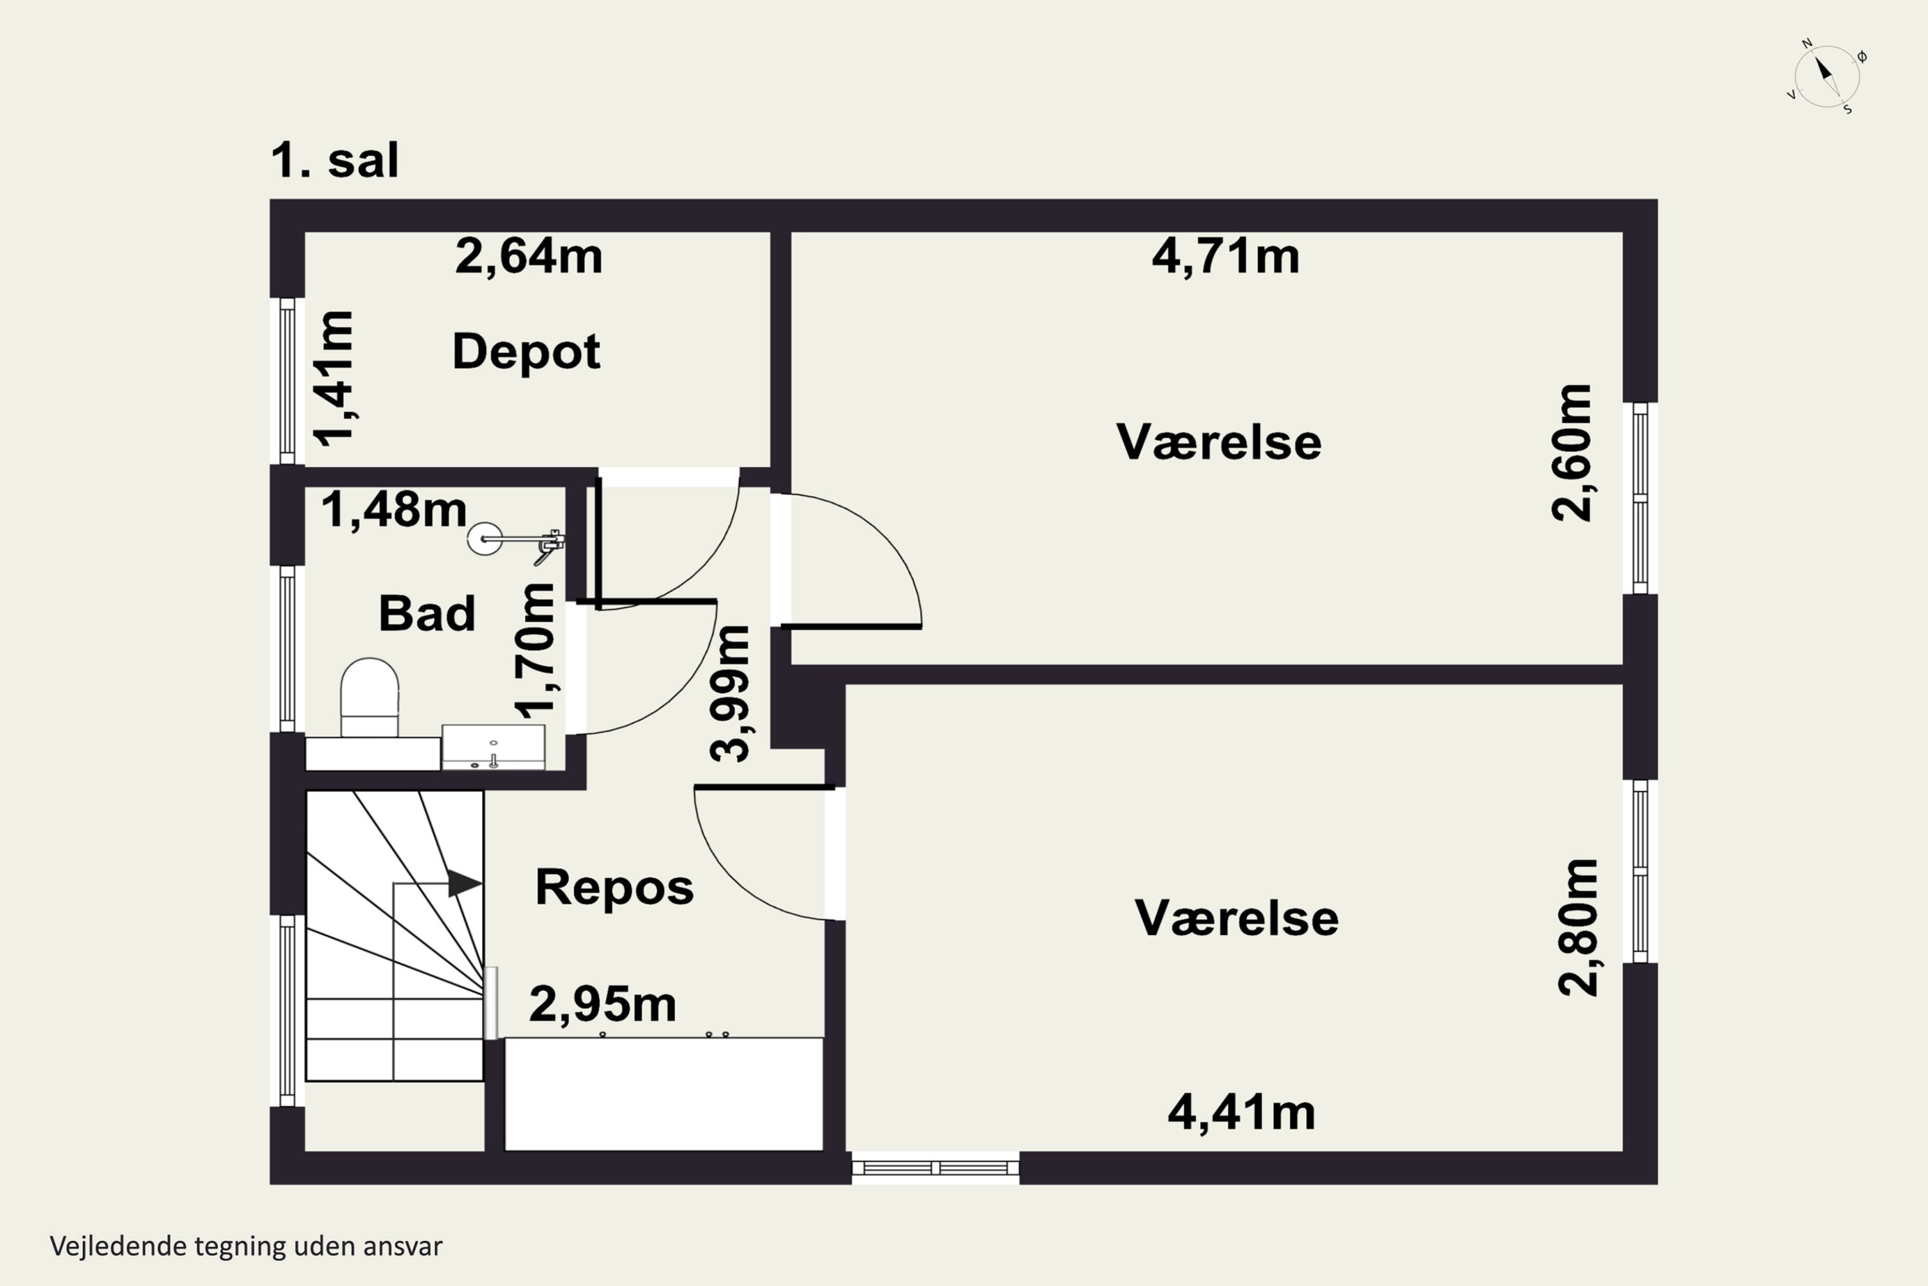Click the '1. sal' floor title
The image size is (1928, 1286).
334,160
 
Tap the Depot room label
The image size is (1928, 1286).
526,352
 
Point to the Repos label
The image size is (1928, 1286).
614,887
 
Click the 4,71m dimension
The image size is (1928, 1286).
1226,257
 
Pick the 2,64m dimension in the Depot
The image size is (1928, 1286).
529,257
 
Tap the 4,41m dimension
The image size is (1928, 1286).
1241,1113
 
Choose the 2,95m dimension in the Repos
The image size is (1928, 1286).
603,1004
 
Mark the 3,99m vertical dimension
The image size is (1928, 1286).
729,694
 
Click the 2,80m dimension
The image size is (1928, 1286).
1578,928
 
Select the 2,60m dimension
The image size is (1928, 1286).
1571,452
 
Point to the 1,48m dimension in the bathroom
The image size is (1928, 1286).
393,509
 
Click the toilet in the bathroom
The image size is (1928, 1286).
370,697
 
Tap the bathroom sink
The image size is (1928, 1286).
494,747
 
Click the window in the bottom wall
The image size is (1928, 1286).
935,1167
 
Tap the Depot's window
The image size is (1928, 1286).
287,381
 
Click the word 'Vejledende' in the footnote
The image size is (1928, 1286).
119,1246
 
